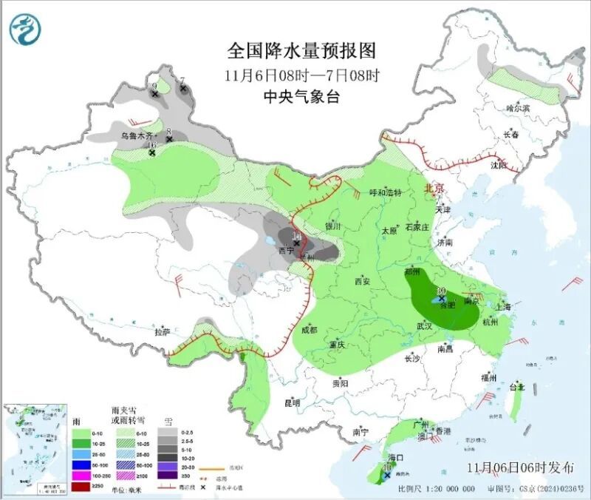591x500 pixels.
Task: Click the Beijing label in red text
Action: pos(434,189)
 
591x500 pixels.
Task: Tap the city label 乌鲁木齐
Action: pos(138,136)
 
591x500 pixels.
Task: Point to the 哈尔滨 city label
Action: pos(518,108)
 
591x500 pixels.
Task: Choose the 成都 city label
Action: pos(309,330)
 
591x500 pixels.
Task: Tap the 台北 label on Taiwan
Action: pos(516,387)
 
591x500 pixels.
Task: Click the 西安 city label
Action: pos(361,281)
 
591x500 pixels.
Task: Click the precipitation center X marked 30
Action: pos(441,299)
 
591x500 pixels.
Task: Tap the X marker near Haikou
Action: pos(388,476)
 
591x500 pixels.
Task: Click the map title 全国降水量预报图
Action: pos(301,50)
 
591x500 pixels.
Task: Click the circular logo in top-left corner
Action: pos(26,30)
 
